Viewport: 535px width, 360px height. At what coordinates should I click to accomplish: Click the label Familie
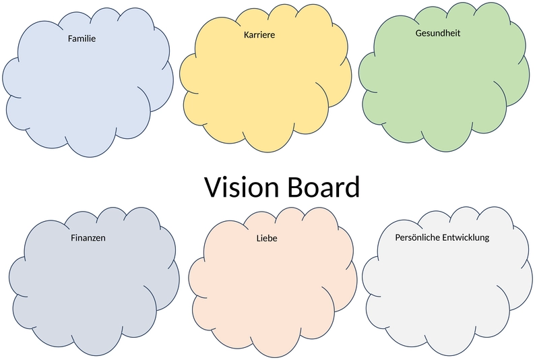click(82, 38)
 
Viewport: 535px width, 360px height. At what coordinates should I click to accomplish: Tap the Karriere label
click(259, 35)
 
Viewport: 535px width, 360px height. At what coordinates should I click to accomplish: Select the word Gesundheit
click(438, 33)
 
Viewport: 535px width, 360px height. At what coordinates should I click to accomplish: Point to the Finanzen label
click(88, 238)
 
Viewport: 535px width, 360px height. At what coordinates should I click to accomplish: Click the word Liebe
click(267, 238)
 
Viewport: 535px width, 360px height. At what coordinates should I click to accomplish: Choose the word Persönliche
click(414, 237)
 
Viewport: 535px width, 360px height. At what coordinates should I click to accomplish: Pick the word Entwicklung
click(463, 238)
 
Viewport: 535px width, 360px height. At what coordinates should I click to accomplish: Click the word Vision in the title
click(242, 187)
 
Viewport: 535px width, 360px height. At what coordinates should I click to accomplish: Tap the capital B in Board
click(295, 187)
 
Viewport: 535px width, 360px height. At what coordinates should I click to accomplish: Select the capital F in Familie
click(70, 38)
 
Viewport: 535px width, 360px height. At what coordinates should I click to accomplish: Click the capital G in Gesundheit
click(418, 33)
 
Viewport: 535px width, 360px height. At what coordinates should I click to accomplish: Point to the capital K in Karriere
click(247, 35)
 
